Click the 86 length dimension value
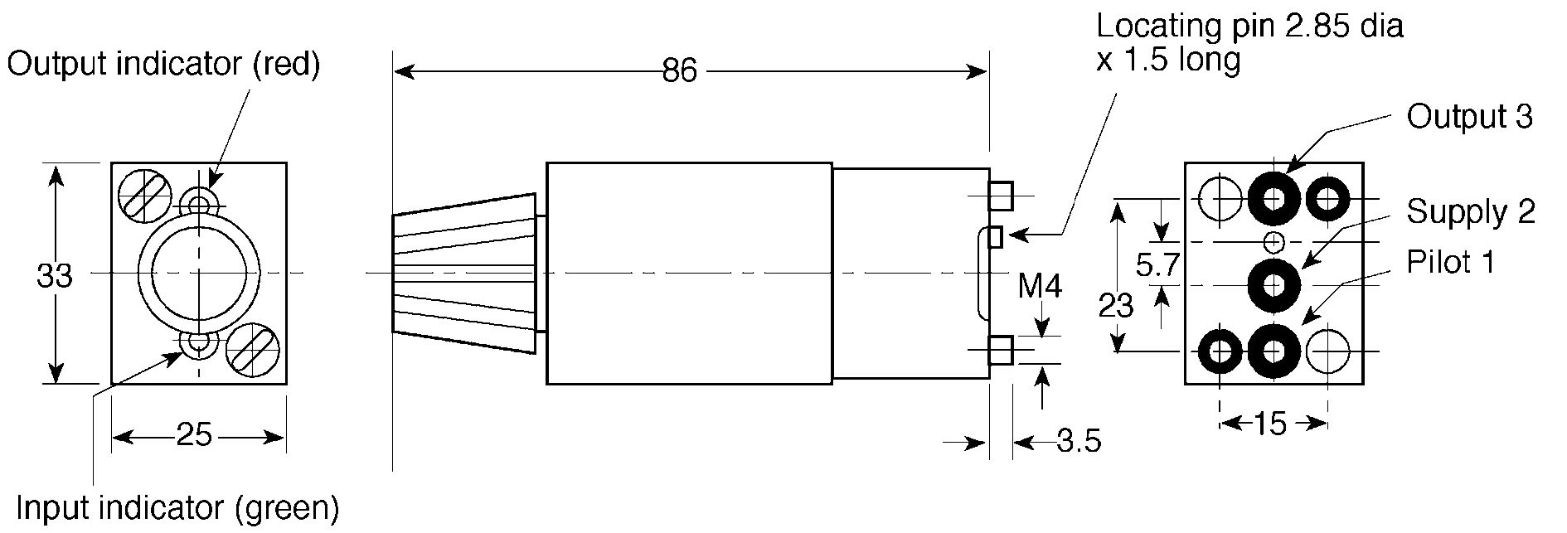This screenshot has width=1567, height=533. point(679,71)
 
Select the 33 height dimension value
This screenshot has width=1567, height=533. point(54,276)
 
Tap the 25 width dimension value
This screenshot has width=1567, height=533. point(194,434)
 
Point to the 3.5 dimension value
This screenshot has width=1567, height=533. point(1079,441)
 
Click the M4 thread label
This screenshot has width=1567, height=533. point(1040,287)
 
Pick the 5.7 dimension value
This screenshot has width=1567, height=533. point(1157,266)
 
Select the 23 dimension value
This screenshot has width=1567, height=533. point(1115,307)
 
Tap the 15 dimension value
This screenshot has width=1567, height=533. point(1269,424)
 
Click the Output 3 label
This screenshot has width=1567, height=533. point(1469,117)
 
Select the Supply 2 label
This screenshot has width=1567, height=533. point(1471,212)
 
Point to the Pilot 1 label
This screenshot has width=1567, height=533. point(1450,262)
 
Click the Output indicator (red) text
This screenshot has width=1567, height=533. point(164,64)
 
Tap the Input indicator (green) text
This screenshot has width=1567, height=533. point(177,507)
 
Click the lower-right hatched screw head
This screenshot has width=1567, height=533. point(251,350)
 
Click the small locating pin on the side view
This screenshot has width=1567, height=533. point(996,236)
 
